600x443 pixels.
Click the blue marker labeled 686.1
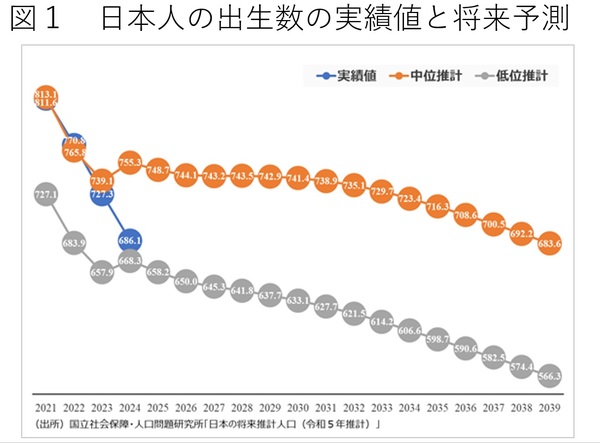pyautogui.click(x=101, y=240)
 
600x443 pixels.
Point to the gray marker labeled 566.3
pyautogui.click(x=549, y=375)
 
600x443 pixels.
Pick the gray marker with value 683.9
pyautogui.click(x=73, y=242)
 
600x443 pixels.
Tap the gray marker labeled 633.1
pyautogui.click(x=297, y=300)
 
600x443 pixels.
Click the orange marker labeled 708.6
pyautogui.click(x=465, y=214)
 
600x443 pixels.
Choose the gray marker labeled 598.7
pyautogui.click(x=437, y=339)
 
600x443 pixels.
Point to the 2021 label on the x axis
pyautogui.click(x=45, y=409)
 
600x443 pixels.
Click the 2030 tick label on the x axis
pyautogui.click(x=297, y=409)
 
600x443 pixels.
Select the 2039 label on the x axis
pyautogui.click(x=549, y=409)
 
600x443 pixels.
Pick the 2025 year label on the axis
pyautogui.click(x=157, y=409)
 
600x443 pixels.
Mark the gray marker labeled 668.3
pyautogui.click(x=129, y=260)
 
